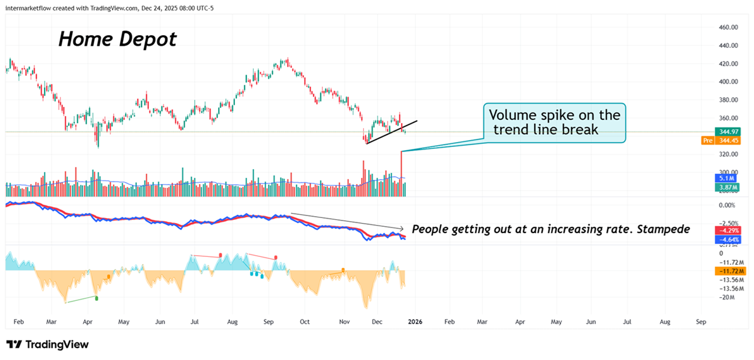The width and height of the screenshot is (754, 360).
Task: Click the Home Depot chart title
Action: [x=117, y=40]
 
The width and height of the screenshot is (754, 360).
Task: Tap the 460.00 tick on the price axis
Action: [x=728, y=28]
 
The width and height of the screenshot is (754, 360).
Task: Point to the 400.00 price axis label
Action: [x=728, y=82]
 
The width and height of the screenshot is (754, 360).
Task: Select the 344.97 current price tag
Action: [x=728, y=132]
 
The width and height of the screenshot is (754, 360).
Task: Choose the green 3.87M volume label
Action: [x=728, y=187]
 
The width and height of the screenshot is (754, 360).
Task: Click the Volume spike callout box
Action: [x=555, y=123]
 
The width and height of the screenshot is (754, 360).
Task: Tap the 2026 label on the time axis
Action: [x=413, y=322]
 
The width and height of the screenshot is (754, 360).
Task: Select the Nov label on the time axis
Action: [x=344, y=322]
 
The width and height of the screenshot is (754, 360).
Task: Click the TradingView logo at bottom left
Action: [x=48, y=344]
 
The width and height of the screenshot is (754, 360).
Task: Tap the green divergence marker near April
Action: [x=96, y=298]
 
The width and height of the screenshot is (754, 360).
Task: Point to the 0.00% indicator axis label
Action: [x=726, y=205]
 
